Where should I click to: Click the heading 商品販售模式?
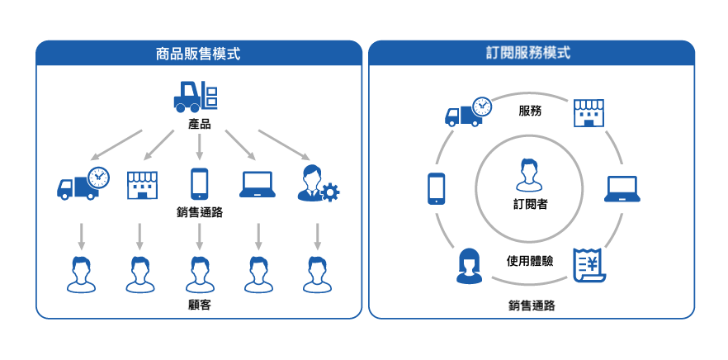pos(198,54)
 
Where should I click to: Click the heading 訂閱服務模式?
pos(531,53)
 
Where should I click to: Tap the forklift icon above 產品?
pos(196,97)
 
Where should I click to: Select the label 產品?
pos(199,124)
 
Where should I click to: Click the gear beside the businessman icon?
pos(330,192)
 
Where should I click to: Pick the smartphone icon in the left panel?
pos(199,184)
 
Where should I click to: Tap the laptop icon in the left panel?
pos(258,184)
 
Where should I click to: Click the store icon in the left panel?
pos(142,185)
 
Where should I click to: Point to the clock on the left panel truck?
pos(98,177)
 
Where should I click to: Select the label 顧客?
pos(199,306)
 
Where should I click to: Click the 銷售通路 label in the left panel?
pos(199,213)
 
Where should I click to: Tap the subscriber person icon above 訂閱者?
pos(529,175)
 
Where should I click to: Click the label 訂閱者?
pos(530,204)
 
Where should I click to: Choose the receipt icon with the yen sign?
pos(589,265)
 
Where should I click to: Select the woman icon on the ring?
pos(469,266)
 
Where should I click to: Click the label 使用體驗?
pos(529,261)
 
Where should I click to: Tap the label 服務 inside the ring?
pos(530,111)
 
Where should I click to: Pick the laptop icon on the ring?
pos(622,189)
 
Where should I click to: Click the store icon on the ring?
pos(589,113)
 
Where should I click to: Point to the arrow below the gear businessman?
pos(318,236)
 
